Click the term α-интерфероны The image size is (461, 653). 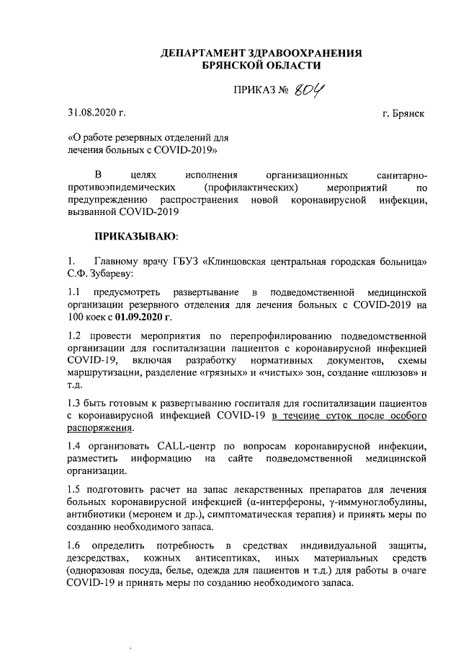pyautogui.click(x=273, y=502)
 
